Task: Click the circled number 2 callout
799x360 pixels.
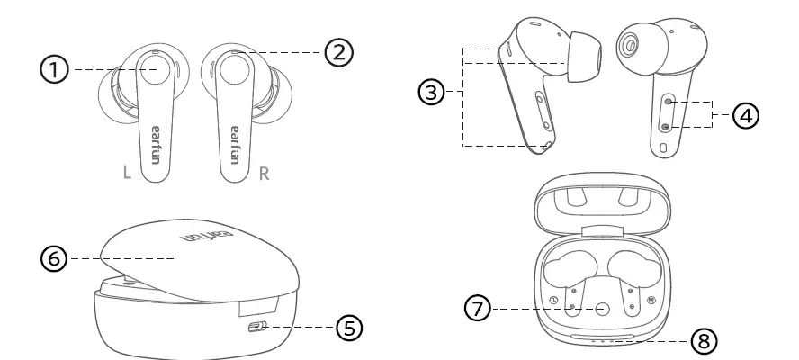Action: pyautogui.click(x=337, y=52)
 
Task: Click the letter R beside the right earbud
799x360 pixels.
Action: pyautogui.click(x=264, y=173)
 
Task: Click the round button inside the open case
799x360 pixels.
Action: pyautogui.click(x=603, y=308)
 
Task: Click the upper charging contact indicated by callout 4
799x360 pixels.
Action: pyautogui.click(x=667, y=104)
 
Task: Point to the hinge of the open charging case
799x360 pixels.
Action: pyautogui.click(x=603, y=232)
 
